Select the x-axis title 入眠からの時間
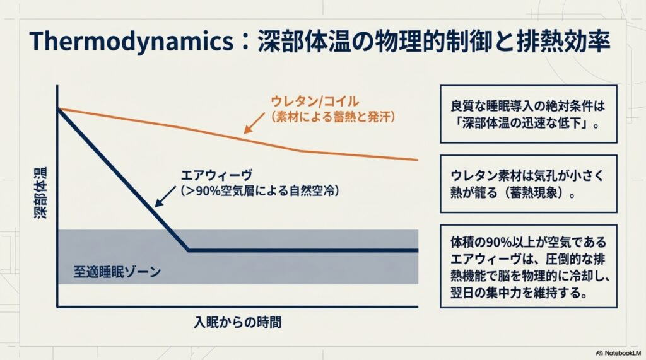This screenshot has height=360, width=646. click(237, 322)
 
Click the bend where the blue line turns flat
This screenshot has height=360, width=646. click(189, 250)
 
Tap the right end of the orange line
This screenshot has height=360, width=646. click(417, 160)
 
